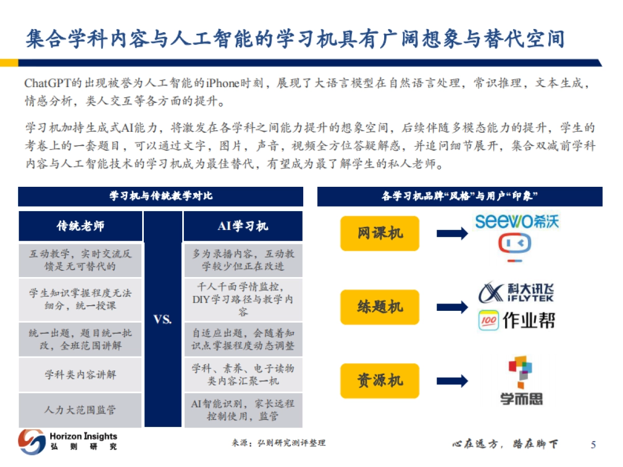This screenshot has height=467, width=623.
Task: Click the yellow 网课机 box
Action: (x=380, y=233)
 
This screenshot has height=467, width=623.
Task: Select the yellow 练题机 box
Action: (x=380, y=307)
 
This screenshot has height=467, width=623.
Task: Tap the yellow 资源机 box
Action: (x=380, y=380)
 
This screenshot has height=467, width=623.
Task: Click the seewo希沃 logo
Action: (x=517, y=222)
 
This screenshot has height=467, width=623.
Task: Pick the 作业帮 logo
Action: (x=516, y=321)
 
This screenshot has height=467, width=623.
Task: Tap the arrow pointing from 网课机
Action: (x=452, y=233)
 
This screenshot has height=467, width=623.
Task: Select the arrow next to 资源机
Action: (x=452, y=380)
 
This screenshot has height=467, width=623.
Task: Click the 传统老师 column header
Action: (x=80, y=226)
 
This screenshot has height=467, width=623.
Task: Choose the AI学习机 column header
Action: (x=243, y=226)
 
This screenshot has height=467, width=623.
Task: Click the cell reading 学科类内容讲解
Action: (x=80, y=374)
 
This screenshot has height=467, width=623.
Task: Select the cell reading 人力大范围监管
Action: (x=80, y=410)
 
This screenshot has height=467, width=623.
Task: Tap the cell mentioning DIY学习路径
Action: (x=243, y=299)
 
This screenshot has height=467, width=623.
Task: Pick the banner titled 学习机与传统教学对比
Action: (x=160, y=197)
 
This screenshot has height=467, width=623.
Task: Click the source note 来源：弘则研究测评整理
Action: (x=278, y=443)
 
